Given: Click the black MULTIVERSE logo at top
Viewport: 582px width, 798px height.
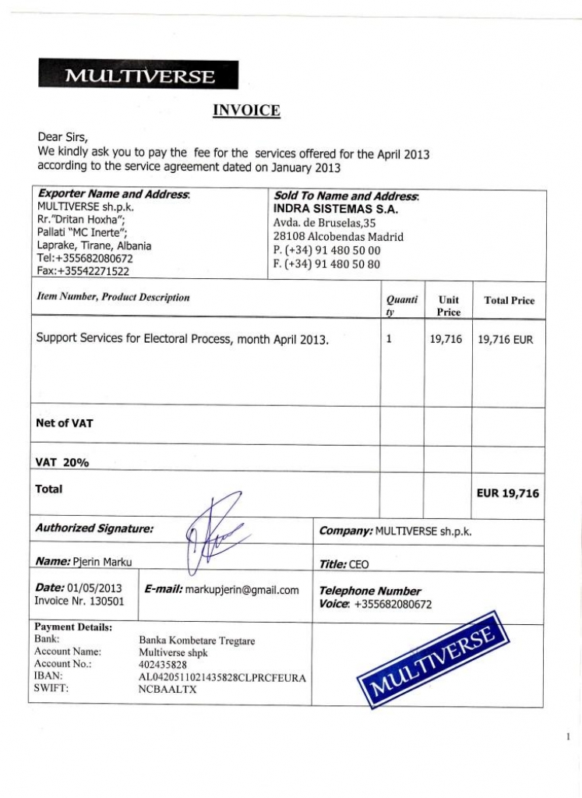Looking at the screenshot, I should [x=138, y=76].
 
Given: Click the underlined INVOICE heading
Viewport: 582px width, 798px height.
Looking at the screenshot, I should [x=246, y=111].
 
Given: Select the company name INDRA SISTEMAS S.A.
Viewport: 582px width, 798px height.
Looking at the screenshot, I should [x=335, y=210].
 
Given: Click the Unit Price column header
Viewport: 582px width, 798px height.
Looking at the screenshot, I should [x=448, y=305].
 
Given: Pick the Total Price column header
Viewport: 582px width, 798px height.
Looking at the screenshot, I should [x=509, y=301].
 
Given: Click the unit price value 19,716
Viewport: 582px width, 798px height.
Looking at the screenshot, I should [x=446, y=340].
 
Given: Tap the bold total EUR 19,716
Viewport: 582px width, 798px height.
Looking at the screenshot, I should [x=507, y=493].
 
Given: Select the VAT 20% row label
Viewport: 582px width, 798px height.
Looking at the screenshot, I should [x=62, y=462].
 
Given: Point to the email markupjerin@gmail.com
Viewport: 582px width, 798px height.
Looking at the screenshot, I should [x=242, y=590].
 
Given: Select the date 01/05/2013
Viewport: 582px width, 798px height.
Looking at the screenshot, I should [x=95, y=588].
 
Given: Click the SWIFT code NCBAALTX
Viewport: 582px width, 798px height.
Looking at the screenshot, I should [x=168, y=690].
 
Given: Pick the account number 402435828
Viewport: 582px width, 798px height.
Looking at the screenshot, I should [x=163, y=665].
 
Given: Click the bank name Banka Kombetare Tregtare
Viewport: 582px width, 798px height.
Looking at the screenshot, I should [x=196, y=641].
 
